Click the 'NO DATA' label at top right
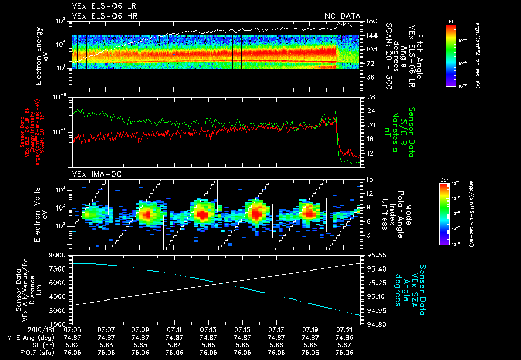[342, 16]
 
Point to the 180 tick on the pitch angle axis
[370, 21]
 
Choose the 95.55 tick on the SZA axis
[374, 255]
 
